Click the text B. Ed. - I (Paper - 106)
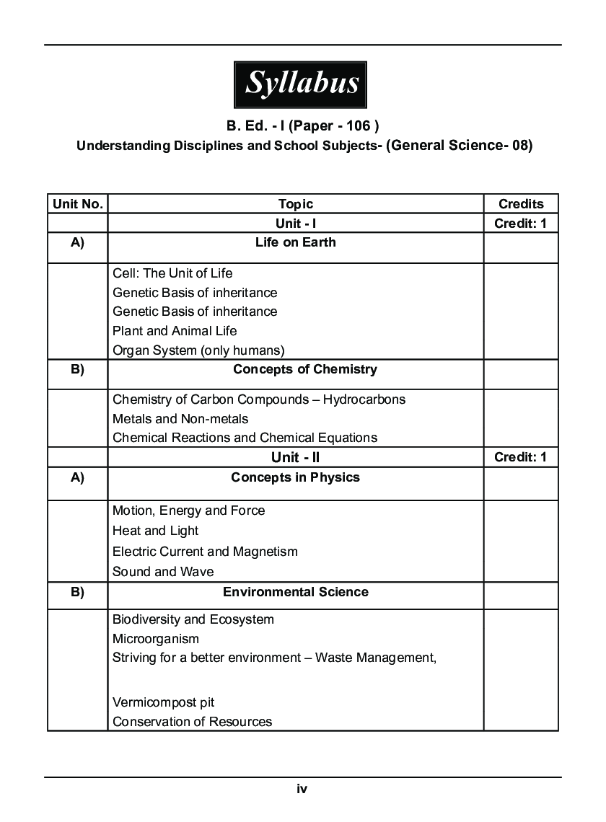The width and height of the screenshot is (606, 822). pos(302,126)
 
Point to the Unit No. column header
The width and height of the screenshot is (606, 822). pos(77,204)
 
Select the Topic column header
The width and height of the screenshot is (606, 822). pos(296,204)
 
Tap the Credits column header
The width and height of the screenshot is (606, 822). pos(520,204)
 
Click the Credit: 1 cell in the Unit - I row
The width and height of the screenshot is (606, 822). pos(520,224)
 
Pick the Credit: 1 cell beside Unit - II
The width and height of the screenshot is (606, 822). pos(520,457)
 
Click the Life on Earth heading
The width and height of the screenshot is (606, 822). pos(296,242)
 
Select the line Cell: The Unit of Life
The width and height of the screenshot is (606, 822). pos(172,273)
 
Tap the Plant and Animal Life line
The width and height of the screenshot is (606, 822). pos(175,331)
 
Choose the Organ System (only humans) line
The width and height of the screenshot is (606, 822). pos(198,350)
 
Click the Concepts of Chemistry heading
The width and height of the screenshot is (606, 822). pos(304,369)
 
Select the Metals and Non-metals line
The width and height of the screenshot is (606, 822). pos(180,419)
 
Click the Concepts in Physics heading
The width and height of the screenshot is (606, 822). pos(295,477)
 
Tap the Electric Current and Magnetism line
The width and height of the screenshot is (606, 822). pos(205,552)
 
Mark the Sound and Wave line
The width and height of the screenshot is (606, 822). pos(163,572)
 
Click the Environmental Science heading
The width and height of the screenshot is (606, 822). pos(295,592)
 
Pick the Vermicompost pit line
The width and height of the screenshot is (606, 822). pos(163,702)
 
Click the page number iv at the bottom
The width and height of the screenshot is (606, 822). pos(302,789)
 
